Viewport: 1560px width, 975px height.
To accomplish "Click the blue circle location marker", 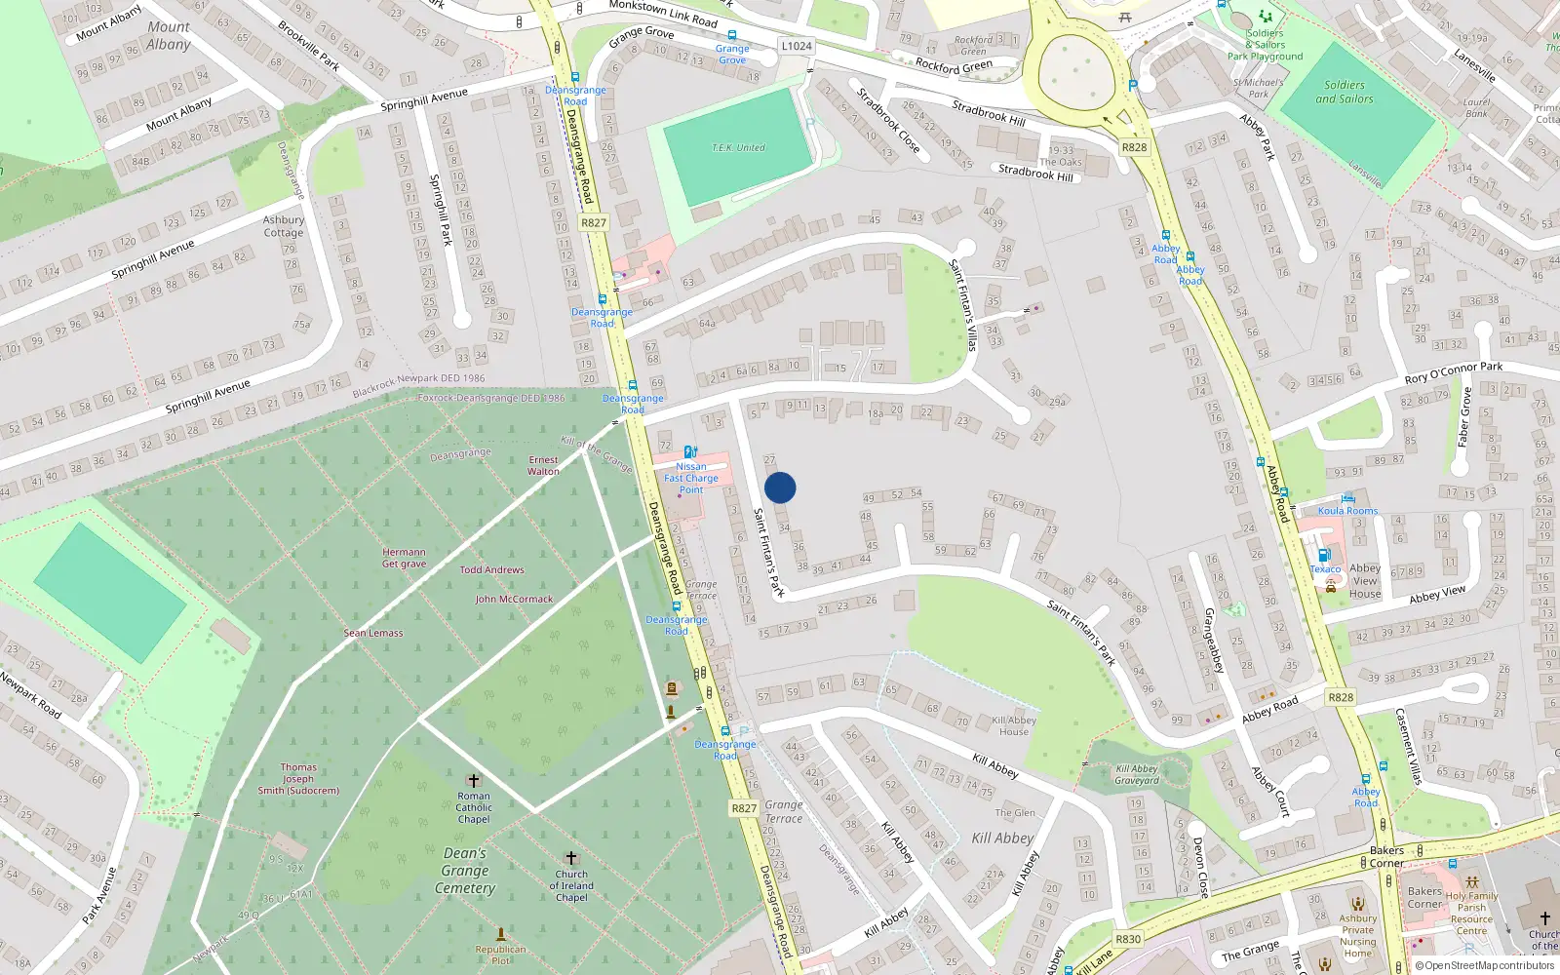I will click(780, 487).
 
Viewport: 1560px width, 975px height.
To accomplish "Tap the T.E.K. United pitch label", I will click(738, 147).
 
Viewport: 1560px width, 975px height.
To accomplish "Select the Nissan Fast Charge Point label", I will click(691, 478).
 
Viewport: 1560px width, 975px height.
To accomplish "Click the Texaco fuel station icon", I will click(1324, 555).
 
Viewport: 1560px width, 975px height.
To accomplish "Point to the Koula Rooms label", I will click(1347, 510).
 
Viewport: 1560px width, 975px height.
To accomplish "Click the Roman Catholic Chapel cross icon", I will click(474, 781).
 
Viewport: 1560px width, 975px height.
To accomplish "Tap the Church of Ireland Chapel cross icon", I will click(571, 859).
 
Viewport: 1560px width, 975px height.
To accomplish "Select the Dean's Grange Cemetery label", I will click(465, 871).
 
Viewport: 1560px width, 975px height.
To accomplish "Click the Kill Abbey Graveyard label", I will click(1137, 774).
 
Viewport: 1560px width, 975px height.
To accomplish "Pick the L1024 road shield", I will click(797, 46).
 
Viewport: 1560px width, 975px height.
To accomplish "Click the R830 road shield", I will click(1128, 939).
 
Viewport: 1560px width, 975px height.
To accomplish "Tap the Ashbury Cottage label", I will click(284, 226).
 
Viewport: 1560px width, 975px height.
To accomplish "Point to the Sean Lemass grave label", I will click(373, 633).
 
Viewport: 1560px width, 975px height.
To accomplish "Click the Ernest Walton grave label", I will click(544, 465).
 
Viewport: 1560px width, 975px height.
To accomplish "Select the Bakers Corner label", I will click(1386, 856).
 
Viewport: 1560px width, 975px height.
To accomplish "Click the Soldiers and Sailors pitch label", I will click(1345, 92).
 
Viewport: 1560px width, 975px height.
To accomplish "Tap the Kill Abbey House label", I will click(1014, 725).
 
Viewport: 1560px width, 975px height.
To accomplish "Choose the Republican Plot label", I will click(500, 954).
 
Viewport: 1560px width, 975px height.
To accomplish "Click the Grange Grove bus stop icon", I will click(732, 35).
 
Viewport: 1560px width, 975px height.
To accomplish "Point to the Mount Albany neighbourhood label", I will click(169, 36).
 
